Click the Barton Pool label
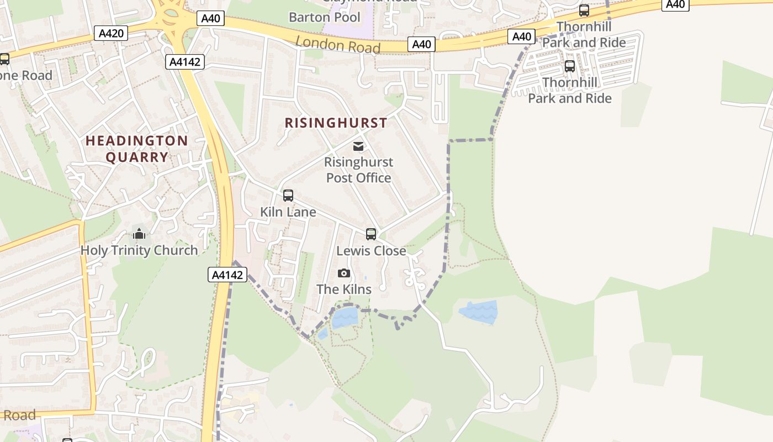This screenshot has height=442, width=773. click(324, 17)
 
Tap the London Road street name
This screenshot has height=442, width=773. click(338, 45)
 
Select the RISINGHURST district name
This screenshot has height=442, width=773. click(336, 123)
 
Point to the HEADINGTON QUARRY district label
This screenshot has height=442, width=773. click(137, 149)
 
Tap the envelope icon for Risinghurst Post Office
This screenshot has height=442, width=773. click(358, 146)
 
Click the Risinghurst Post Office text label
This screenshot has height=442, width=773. click(358, 170)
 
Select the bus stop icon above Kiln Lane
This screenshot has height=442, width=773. click(288, 196)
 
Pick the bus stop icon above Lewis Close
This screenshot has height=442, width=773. click(371, 234)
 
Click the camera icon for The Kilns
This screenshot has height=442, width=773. click(344, 273)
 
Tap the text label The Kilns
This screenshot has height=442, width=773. click(344, 289)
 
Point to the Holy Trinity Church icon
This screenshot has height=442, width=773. click(139, 234)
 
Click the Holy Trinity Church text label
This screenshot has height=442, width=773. click(139, 250)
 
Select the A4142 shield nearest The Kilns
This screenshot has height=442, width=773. click(227, 275)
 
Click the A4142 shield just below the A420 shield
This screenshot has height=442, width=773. click(185, 62)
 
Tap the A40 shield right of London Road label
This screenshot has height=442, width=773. click(421, 44)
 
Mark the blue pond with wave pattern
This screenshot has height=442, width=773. click(479, 312)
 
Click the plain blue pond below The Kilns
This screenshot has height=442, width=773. click(345, 318)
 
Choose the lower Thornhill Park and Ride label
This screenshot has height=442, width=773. click(570, 91)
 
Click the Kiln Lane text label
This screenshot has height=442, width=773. click(288, 212)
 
